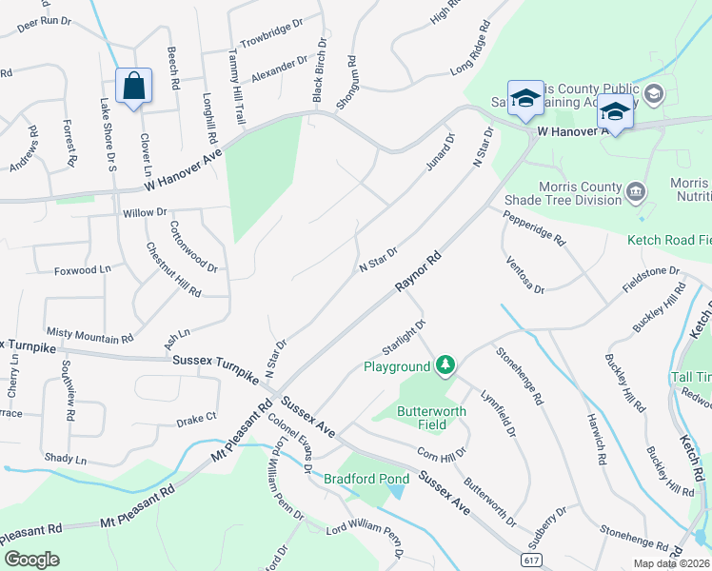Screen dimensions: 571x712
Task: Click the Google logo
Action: click(x=31, y=559)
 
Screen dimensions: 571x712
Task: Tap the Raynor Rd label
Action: click(x=419, y=273)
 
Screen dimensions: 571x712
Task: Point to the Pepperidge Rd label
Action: click(x=534, y=228)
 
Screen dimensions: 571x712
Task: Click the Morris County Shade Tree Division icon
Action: click(x=635, y=195)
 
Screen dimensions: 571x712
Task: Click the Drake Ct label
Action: click(x=197, y=417)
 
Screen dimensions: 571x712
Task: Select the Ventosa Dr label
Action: click(x=525, y=275)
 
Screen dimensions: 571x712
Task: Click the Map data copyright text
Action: click(x=671, y=562)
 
